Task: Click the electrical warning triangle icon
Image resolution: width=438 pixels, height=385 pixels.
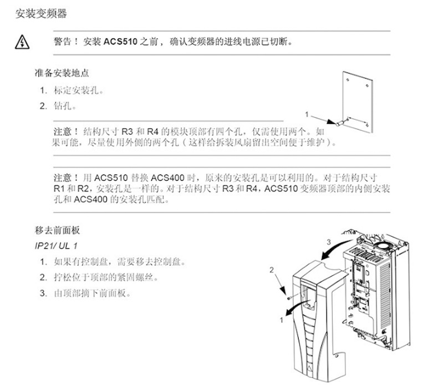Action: (22, 42)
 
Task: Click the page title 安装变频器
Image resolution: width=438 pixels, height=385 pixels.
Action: (41, 13)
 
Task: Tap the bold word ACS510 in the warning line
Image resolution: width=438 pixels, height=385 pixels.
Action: (120, 42)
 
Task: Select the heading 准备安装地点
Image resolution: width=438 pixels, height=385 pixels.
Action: (62, 73)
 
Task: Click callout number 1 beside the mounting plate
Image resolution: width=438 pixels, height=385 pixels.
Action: (307, 114)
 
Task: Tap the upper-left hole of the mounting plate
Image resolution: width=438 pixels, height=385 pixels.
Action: (348, 80)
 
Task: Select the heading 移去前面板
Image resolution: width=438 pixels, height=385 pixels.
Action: (57, 230)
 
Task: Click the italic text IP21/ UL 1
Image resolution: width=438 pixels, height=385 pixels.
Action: (56, 246)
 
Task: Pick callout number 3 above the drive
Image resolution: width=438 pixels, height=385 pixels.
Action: (329, 241)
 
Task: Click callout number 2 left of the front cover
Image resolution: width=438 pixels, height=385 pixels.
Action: (272, 270)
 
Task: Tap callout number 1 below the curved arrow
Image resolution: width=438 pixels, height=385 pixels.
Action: (282, 320)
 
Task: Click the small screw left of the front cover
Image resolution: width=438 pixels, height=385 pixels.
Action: (289, 298)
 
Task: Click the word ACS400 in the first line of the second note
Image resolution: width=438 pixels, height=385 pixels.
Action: (167, 178)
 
